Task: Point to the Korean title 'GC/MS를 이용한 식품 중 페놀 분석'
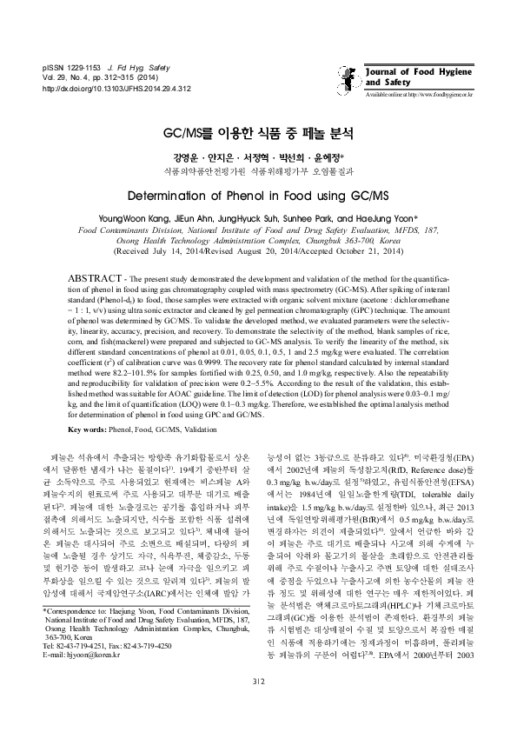pyautogui.click(x=258, y=135)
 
